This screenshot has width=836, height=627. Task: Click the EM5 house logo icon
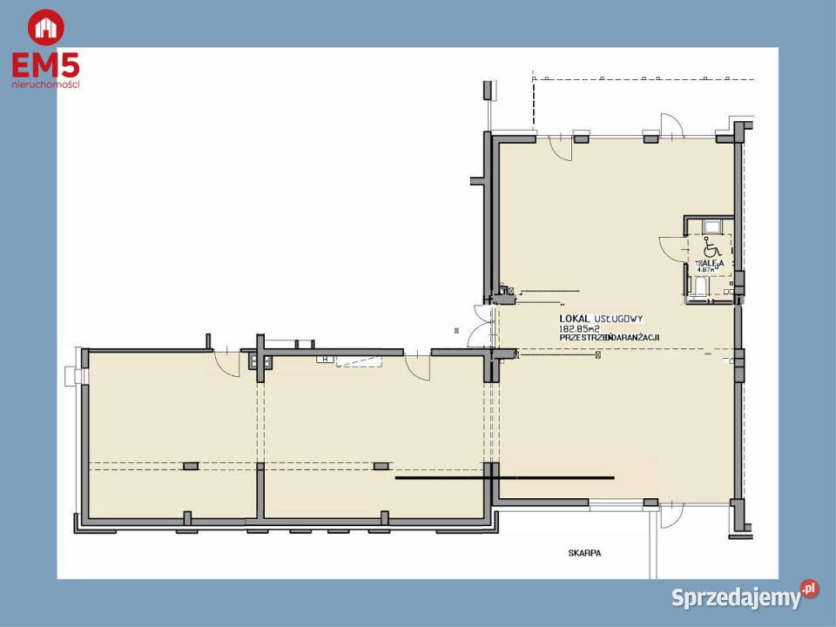[45, 27]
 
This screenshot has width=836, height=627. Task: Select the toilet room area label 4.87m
[705, 270]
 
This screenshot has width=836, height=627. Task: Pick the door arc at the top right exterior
[672, 125]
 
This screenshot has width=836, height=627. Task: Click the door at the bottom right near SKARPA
[671, 516]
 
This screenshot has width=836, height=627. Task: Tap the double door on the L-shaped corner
[477, 326]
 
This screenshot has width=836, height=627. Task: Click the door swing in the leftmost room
[227, 364]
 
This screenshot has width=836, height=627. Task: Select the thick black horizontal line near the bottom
[505, 477]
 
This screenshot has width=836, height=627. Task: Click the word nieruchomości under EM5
[46, 84]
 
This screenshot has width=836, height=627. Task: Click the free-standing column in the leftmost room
[191, 466]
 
